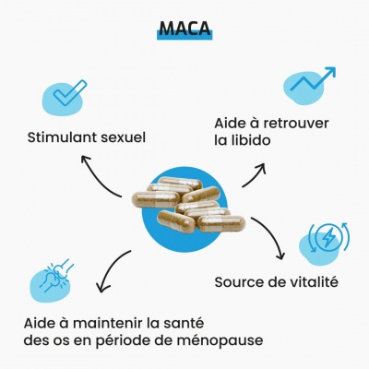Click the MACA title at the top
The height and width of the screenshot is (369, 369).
click(184, 29)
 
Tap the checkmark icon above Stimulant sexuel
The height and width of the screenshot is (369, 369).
click(70, 93)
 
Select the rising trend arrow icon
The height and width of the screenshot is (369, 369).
click(313, 79)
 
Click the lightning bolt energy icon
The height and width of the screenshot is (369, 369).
click(328, 236)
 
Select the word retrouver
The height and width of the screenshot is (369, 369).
click(295, 124)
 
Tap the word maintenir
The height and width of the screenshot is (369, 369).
click(108, 324)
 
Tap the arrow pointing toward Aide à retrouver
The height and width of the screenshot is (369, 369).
click(256, 174)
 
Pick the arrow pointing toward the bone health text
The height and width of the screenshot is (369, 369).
click(109, 268)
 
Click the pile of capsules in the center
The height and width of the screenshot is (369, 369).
click(188, 205)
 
